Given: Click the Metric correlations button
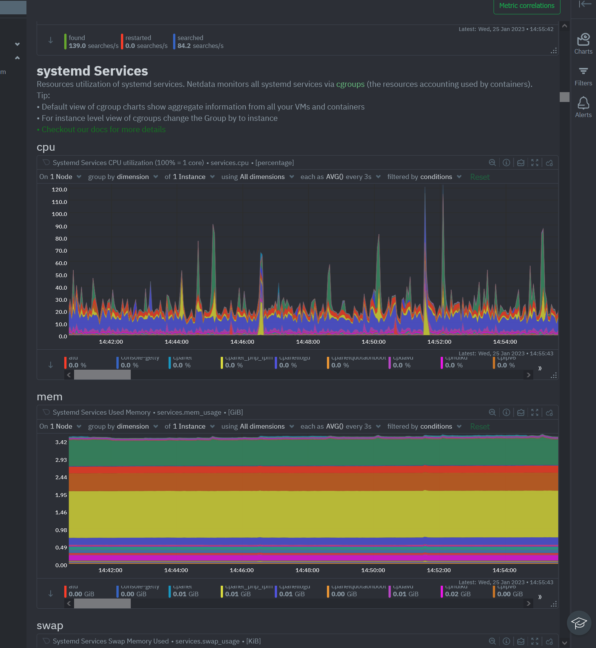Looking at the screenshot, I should [526, 6].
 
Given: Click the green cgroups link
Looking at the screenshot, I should [350, 84].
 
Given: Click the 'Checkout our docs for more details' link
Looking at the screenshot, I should [103, 130].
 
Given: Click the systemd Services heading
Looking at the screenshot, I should [92, 71].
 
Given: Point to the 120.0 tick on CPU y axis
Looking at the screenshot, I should [59, 190].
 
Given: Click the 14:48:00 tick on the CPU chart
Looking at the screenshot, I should [308, 342].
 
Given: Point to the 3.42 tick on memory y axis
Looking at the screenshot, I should [61, 442].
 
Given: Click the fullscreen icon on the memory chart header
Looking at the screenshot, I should [534, 412].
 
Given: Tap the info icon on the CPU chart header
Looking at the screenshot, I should [506, 163].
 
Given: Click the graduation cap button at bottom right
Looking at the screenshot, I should [579, 623].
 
